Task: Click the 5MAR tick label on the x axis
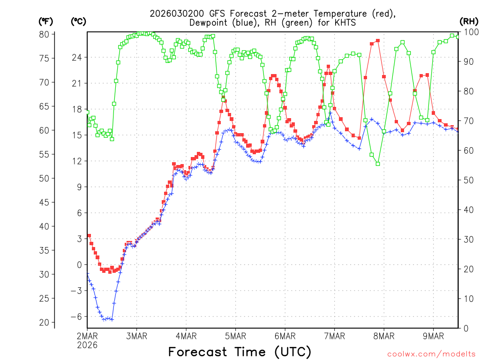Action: click(235, 336)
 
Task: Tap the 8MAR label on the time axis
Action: click(383, 336)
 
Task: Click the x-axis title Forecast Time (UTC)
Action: click(240, 352)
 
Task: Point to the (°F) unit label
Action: click(45, 22)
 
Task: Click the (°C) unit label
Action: click(78, 22)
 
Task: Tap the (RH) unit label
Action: click(469, 22)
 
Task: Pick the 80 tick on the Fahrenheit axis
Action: click(44, 34)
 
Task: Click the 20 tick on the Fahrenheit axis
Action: click(44, 322)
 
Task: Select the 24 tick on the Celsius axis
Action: click(76, 57)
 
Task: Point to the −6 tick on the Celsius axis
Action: click(75, 316)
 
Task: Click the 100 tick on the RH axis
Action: click(469, 32)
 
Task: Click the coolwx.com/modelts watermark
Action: click(431, 353)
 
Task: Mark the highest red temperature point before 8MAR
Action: click(377, 41)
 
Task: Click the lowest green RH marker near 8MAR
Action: click(377, 164)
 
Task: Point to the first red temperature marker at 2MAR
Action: click(89, 236)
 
